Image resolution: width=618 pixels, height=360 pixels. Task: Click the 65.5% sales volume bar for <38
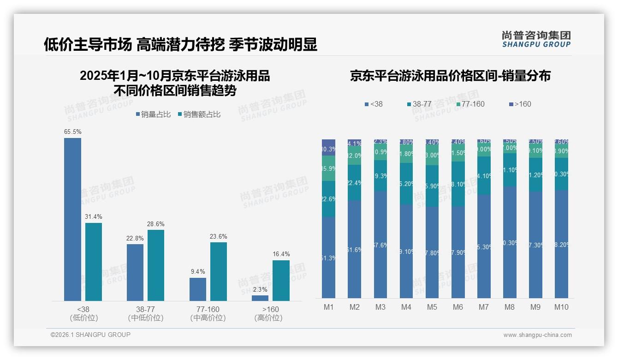point(72,219)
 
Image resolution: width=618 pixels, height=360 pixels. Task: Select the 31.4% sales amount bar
point(94,262)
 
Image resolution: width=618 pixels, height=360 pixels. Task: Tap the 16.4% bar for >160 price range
point(281,281)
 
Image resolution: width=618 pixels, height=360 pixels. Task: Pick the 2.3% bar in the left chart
point(260,298)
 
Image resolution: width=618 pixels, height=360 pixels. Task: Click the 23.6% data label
point(219,237)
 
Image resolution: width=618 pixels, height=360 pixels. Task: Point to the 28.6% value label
point(156,224)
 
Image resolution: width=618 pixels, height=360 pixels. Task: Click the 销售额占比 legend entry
point(199,114)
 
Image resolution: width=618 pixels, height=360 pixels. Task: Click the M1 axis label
point(328,307)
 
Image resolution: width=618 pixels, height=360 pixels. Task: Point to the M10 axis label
point(561,307)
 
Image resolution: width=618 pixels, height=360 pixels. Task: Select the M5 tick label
point(432,307)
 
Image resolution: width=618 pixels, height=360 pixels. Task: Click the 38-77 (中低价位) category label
point(146,313)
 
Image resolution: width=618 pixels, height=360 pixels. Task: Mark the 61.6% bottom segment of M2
point(354,249)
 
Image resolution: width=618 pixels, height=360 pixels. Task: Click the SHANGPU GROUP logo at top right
point(536,39)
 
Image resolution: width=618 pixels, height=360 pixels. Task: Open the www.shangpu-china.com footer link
point(537,335)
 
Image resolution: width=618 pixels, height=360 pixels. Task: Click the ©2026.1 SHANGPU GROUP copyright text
point(90,335)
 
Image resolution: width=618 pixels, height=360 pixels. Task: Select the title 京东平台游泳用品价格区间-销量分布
point(450,76)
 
